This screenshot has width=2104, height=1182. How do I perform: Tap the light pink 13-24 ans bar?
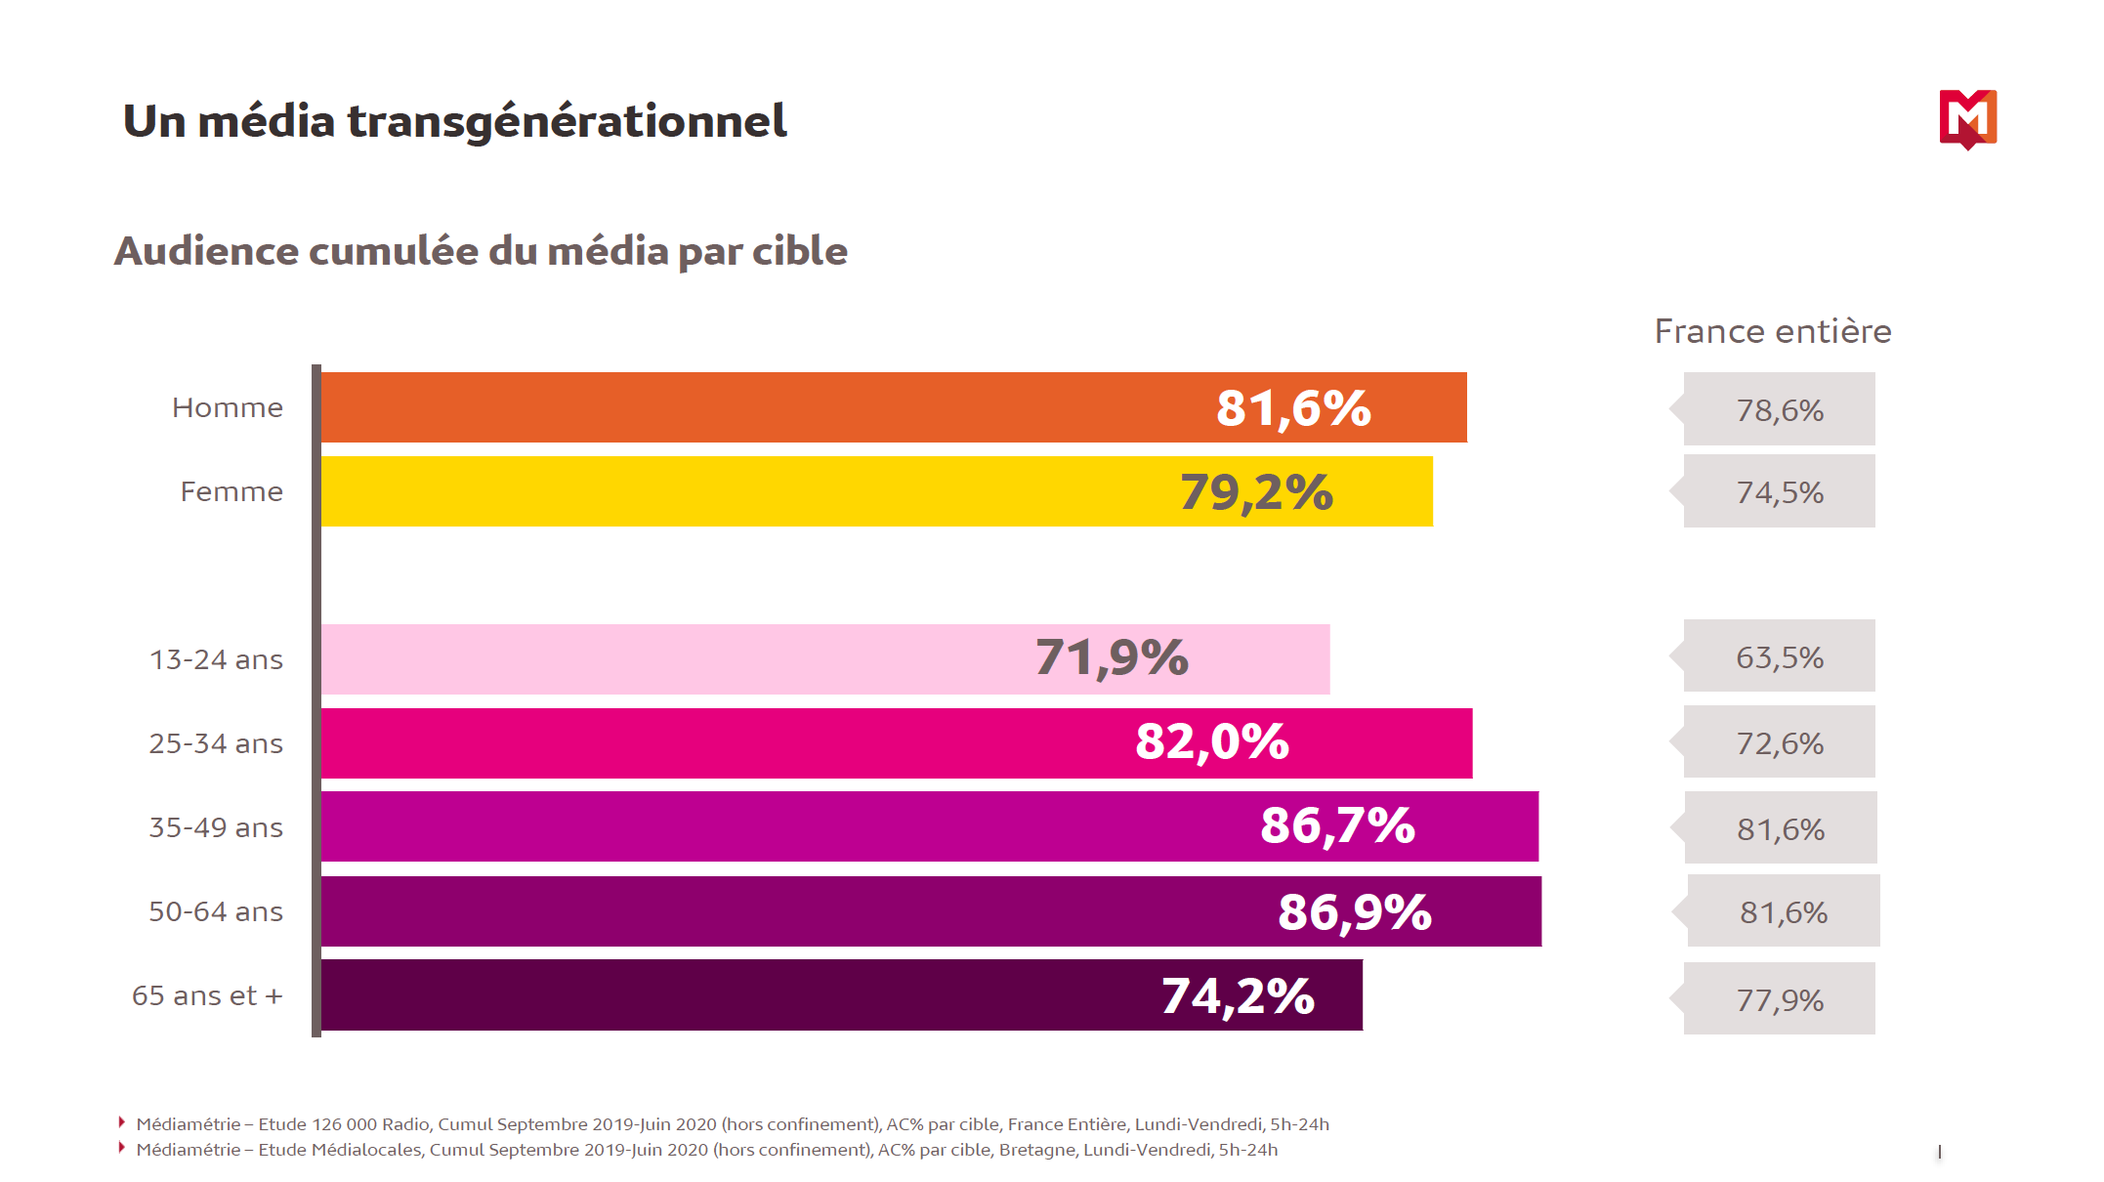coord(684,659)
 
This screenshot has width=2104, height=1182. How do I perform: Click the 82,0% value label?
coord(1212,742)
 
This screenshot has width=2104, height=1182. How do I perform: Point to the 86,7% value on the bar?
coord(1337,826)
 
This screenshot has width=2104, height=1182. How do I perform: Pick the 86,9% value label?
coord(1355,912)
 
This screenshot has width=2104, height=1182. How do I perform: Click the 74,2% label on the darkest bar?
coord(1238,996)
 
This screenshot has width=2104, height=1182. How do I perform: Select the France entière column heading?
coord(1773,332)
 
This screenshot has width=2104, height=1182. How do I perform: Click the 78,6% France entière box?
coord(1779,410)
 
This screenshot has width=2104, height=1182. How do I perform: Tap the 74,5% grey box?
coord(1779,492)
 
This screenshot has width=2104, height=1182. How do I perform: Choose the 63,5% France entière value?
coord(1779,657)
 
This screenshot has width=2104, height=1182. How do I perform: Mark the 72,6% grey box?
coord(1779,743)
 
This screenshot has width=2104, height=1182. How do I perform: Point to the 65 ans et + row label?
coord(207,996)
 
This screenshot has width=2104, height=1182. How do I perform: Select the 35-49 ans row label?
coord(216,828)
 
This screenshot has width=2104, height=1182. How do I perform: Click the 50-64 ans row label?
coord(216,912)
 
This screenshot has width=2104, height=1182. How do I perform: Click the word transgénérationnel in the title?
coord(567,122)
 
